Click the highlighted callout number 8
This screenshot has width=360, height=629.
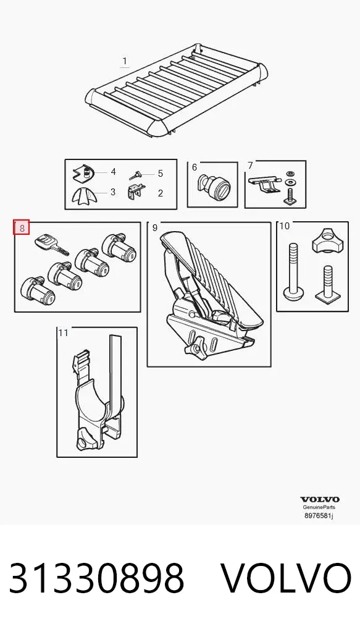click(22, 228)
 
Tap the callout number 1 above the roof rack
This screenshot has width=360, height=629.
click(125, 61)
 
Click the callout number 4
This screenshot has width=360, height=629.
click(114, 172)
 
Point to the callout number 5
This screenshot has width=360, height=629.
click(161, 173)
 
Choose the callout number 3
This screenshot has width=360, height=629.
click(113, 192)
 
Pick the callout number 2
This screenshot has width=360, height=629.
click(161, 193)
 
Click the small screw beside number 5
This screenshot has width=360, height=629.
click(136, 175)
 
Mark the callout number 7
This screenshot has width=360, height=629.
click(251, 165)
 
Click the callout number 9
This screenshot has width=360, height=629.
click(155, 228)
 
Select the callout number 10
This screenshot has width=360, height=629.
click(284, 226)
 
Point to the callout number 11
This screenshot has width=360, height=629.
click(64, 332)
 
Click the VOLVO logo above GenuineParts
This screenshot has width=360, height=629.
click(320, 499)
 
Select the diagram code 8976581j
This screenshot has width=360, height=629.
click(319, 515)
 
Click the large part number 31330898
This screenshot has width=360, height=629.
click(96, 578)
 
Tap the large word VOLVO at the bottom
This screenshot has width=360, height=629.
click(286, 578)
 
